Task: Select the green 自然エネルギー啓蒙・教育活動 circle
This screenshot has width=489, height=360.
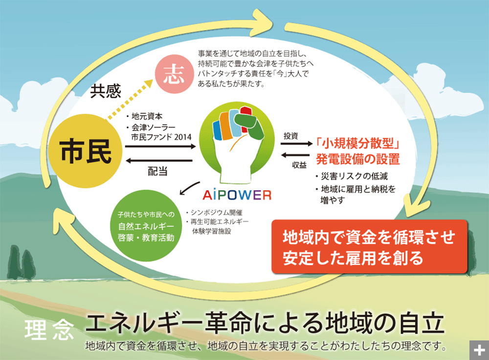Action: point(145,226)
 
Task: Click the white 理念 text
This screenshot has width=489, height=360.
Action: point(49,331)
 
